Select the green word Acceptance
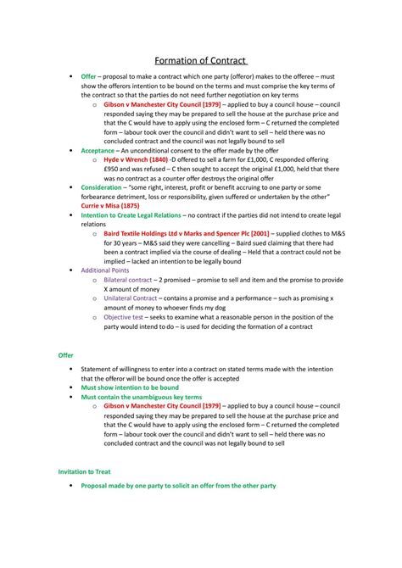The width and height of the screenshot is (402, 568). [x=98, y=149]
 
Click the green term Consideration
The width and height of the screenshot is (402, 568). [x=106, y=187]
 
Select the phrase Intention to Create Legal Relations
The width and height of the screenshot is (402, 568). [x=131, y=215]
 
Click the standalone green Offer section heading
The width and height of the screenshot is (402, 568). [x=65, y=355]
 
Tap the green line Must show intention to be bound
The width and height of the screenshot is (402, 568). [x=130, y=387]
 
